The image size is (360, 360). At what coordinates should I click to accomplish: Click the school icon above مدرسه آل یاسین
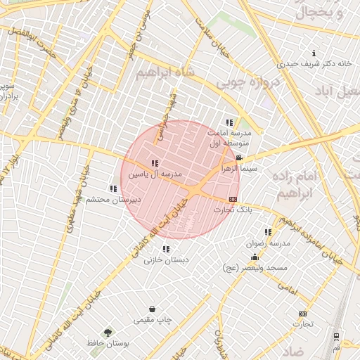click(x=155, y=163)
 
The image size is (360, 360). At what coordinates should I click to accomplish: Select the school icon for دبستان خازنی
click(x=166, y=249)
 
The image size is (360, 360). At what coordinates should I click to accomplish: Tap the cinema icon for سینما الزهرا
click(x=240, y=157)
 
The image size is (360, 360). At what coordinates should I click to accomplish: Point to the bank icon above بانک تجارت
click(x=233, y=199)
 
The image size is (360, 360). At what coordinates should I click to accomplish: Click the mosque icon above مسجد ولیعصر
click(x=255, y=257)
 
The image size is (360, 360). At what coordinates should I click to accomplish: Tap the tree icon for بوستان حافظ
click(x=108, y=333)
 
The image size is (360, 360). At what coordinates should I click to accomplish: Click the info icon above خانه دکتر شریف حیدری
click(x=314, y=53)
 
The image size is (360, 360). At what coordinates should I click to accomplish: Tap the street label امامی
click(x=288, y=287)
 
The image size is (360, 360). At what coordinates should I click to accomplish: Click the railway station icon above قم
click(x=337, y=337)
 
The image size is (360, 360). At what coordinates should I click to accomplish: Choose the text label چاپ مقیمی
click(x=153, y=320)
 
